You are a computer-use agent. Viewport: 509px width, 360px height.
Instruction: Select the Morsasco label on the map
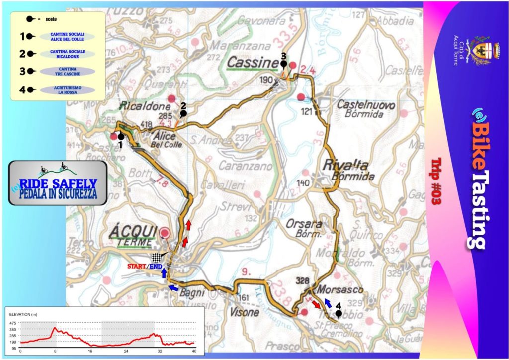(340, 289)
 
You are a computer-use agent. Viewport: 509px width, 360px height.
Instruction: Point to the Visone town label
(244, 312)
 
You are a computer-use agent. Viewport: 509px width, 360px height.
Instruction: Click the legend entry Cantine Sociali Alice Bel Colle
(67, 36)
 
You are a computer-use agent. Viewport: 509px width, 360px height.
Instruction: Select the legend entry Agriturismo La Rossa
(66, 90)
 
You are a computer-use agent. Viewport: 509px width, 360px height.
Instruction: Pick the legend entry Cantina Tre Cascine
(66, 72)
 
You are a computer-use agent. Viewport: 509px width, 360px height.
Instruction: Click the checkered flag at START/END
(158, 257)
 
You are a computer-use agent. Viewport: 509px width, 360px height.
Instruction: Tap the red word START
(137, 267)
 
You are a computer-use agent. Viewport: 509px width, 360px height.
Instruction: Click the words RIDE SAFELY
(58, 183)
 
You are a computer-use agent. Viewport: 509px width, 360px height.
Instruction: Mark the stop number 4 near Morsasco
(339, 306)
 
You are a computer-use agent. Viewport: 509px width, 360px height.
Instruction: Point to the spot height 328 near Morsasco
(303, 280)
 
